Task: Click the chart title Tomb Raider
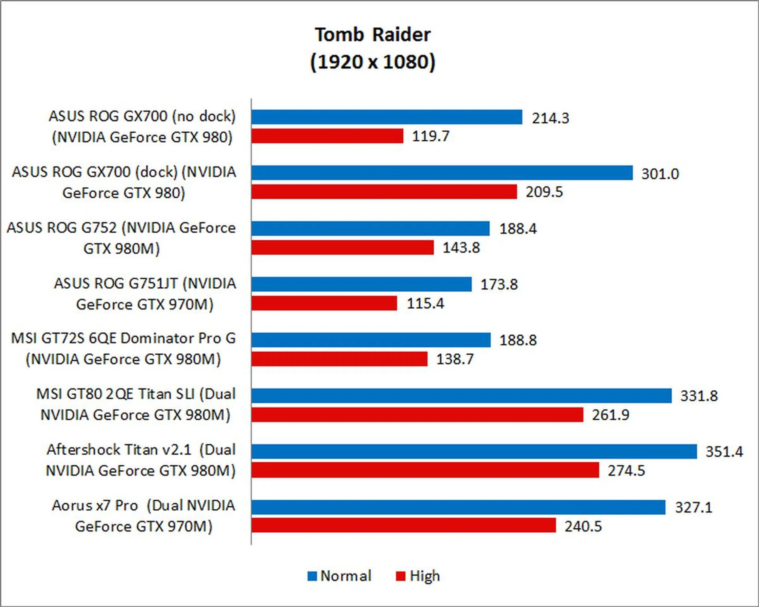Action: tap(372, 35)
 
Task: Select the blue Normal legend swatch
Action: tap(312, 576)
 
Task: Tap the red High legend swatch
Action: tap(400, 576)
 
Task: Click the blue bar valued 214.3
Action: tap(387, 117)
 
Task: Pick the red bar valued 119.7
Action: tap(327, 136)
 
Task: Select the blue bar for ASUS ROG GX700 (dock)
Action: tap(442, 173)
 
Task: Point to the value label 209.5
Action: tap(544, 192)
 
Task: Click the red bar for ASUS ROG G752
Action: tap(342, 247)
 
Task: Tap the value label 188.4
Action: tap(518, 229)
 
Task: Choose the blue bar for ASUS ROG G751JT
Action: tap(361, 284)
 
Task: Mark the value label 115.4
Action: tap(425, 303)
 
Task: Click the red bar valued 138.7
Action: tap(339, 359)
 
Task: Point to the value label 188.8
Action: tap(518, 340)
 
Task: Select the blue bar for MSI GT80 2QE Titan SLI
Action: tap(461, 396)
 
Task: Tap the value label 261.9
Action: tap(610, 415)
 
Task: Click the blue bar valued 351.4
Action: tap(474, 451)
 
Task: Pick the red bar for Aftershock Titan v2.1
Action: tap(425, 470)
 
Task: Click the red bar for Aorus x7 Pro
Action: tap(404, 526)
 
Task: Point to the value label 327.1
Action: tap(693, 507)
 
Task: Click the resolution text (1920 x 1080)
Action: tap(372, 62)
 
